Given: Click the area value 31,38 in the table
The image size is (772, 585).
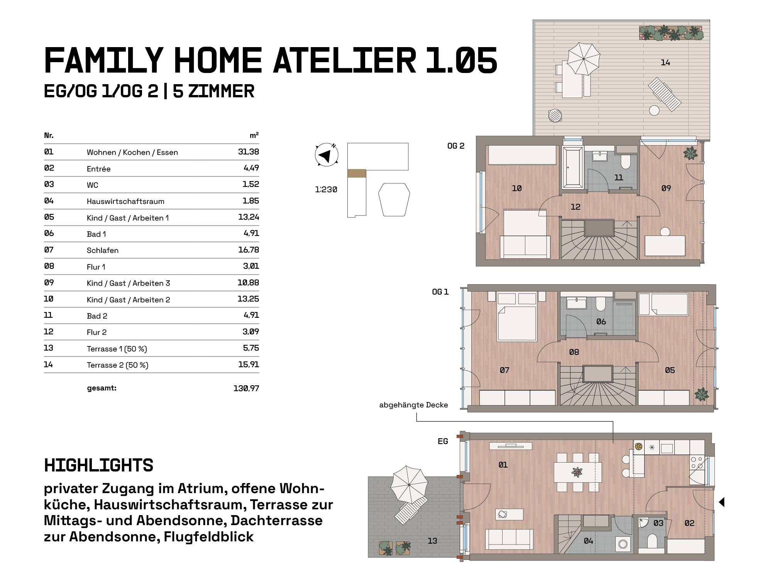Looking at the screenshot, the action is pos(249,152).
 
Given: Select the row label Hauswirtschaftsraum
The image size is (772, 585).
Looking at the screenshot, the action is pos(125,201).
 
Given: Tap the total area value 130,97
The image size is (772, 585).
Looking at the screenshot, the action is pos(246,388).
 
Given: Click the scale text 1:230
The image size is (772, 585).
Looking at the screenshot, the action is pos(326,190).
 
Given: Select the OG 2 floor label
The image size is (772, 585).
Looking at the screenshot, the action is pos(456,146).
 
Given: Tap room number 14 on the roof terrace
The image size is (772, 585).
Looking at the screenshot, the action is pos(665,63).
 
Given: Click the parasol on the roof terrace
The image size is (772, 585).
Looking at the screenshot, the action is pos(583,58).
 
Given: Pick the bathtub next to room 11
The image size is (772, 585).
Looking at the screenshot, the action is pos(572,167).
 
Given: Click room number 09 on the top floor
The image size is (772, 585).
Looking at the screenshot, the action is pos(666,188).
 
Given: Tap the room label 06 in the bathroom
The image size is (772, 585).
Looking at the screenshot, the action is pos(601,321).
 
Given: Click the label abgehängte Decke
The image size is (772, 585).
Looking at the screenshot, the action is pos(413,405).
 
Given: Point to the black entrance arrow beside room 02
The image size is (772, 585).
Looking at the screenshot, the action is pos(721,502).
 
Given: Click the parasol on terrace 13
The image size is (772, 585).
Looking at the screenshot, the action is pos(409,485).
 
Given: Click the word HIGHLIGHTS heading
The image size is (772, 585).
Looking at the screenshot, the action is pos(99,465).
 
